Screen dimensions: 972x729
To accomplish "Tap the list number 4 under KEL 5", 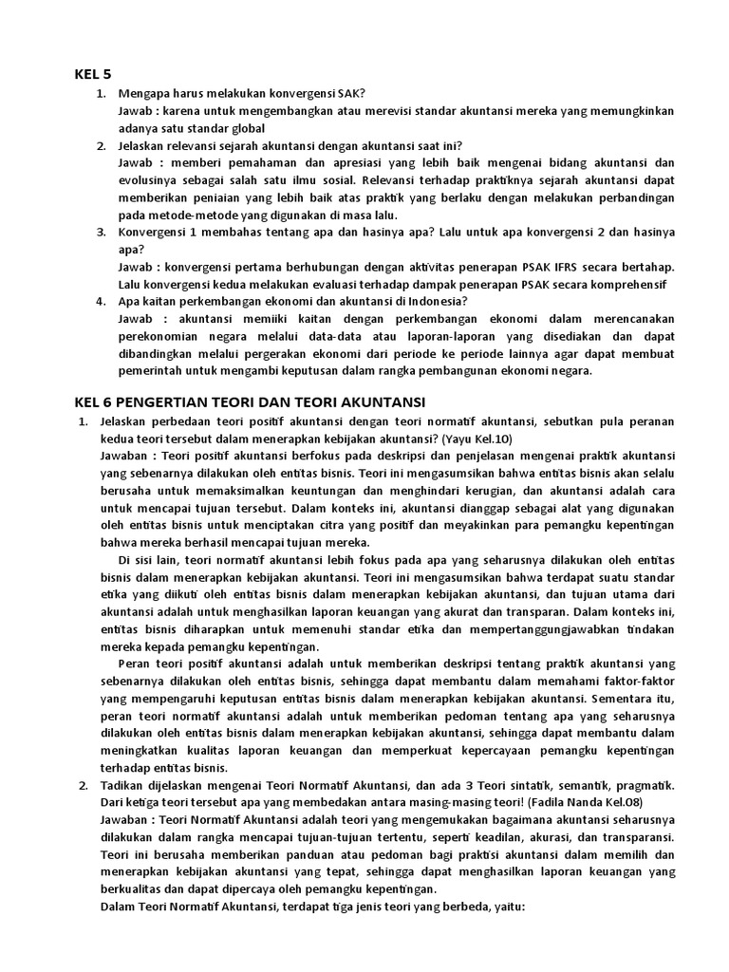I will [x=101, y=302].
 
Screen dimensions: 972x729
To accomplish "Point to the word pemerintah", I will [x=152, y=371].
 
